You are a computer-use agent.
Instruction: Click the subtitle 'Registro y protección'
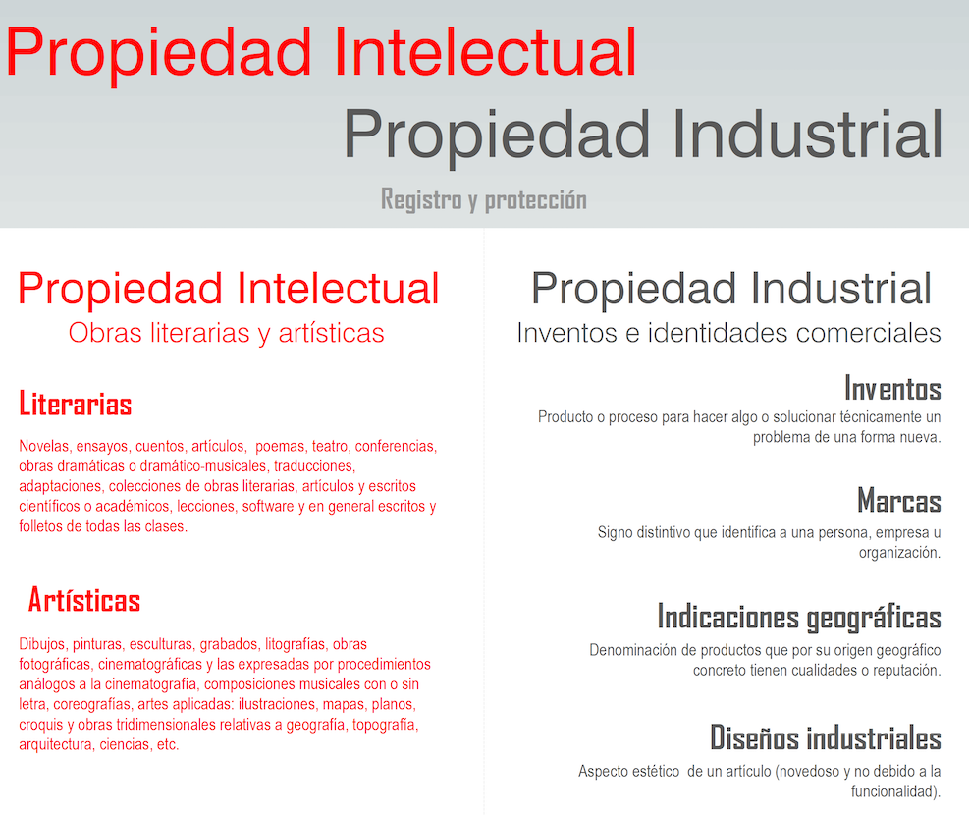coord(484,200)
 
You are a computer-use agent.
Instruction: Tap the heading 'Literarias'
coord(76,405)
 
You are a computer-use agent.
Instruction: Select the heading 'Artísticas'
coord(84,600)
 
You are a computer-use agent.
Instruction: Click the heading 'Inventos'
coord(892,389)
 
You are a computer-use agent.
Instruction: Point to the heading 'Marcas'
coord(899,501)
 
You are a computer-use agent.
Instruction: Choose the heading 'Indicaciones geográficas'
coord(799,618)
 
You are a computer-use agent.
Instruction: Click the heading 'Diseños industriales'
coord(826,737)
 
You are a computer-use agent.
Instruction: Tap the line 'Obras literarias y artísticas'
coord(226,334)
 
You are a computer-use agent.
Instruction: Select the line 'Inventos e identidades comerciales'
coord(728,333)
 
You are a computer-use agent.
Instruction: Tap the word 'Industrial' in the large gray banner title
coord(806,135)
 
